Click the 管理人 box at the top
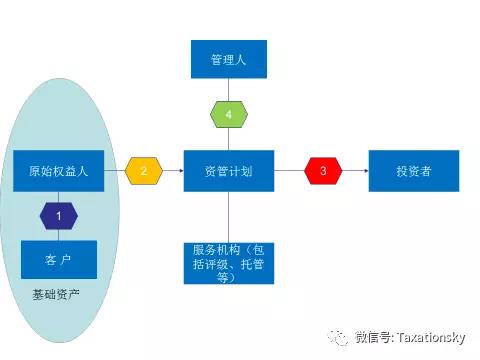pos(229,59)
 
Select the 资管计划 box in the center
pos(229,171)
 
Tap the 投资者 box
pos(413,171)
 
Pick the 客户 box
pos(59,260)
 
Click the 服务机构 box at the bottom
pos(229,263)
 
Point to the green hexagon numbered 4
pos(229,115)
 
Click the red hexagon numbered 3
pos(323,171)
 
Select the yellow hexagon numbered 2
pos(144,171)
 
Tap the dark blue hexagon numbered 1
pos(59,215)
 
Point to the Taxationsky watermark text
pos(410,337)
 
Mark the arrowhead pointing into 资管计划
pos(181,171)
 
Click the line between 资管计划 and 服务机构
pos(229,216)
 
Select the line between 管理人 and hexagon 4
pos(229,89)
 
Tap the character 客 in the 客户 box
pos(51,260)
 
